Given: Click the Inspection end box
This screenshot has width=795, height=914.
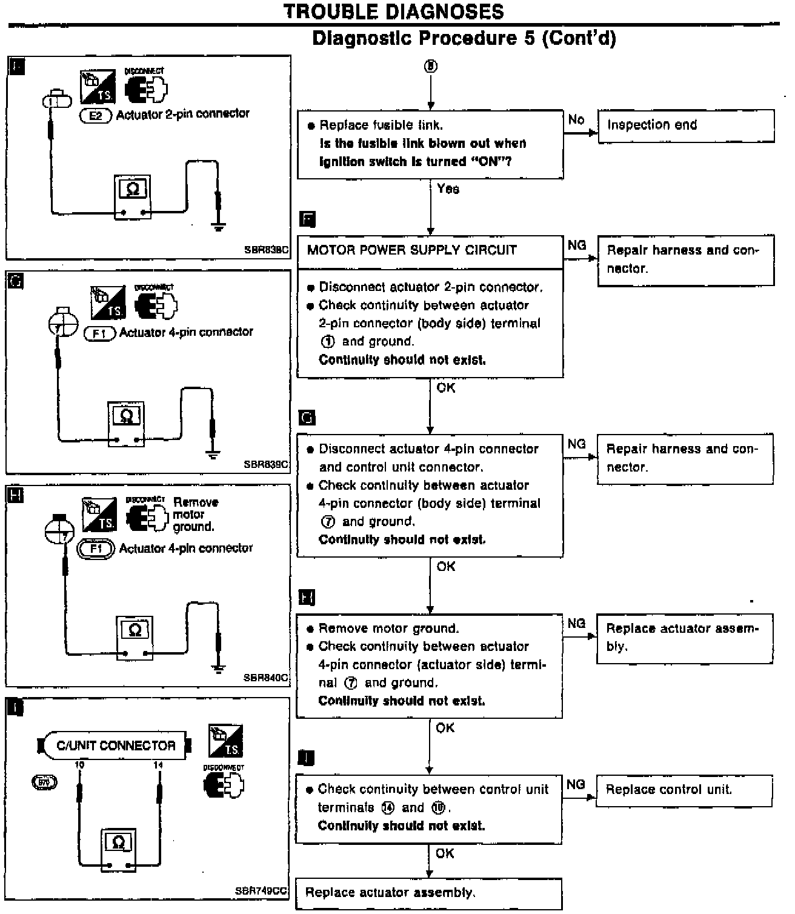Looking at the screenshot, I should pyautogui.click(x=685, y=125).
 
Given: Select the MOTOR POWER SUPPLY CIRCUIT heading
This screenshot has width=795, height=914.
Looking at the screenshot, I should pyautogui.click(x=412, y=250).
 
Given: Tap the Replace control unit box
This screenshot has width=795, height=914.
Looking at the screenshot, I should pyautogui.click(x=684, y=790).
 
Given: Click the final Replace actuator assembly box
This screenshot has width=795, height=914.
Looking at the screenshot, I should pyautogui.click(x=428, y=893).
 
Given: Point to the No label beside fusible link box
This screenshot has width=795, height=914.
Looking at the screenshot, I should pyautogui.click(x=576, y=119).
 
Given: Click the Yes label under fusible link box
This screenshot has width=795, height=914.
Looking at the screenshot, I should pyautogui.click(x=448, y=189).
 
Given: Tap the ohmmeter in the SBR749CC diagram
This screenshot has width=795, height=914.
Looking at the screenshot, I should pyautogui.click(x=118, y=850).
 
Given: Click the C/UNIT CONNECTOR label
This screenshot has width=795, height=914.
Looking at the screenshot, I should pyautogui.click(x=115, y=746).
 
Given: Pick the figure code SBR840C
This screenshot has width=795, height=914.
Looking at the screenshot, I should pyautogui.click(x=266, y=678).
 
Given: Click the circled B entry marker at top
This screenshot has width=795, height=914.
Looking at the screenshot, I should pyautogui.click(x=430, y=66).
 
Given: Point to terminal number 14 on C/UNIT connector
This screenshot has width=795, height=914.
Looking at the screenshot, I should pyautogui.click(x=158, y=766).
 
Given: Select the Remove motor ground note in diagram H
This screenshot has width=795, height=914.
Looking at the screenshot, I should pyautogui.click(x=195, y=515).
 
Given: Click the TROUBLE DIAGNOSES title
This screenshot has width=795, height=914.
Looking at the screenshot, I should pyautogui.click(x=394, y=12).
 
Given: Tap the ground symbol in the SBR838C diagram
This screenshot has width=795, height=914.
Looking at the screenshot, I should pyautogui.click(x=219, y=227).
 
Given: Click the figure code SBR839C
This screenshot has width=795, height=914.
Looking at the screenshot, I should pyautogui.click(x=266, y=465).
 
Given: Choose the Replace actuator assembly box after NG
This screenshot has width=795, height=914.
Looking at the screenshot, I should pyautogui.click(x=684, y=638).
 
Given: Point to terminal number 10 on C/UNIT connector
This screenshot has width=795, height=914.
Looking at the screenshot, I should pyautogui.click(x=79, y=766).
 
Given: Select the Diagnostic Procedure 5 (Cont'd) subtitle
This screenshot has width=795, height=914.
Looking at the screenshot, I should pyautogui.click(x=464, y=39).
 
